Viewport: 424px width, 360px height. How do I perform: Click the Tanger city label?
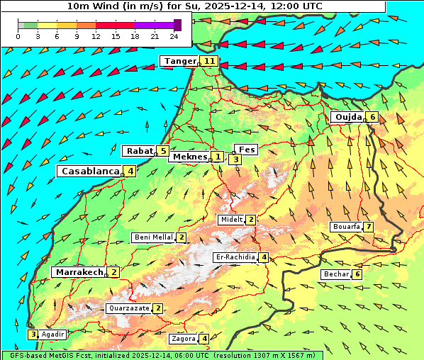pyautogui.click(x=179, y=61)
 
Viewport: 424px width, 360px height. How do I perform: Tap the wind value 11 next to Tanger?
pyautogui.click(x=209, y=61)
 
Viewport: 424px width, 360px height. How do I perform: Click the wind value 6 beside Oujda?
pyautogui.click(x=373, y=117)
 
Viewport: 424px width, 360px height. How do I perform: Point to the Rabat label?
pyautogui.click(x=139, y=151)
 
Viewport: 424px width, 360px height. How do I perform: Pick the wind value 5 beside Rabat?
pyautogui.click(x=163, y=151)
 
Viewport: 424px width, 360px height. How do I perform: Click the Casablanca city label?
pyautogui.click(x=89, y=171)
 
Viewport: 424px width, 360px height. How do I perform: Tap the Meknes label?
pyautogui.click(x=189, y=157)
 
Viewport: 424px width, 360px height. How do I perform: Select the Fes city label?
pyautogui.click(x=247, y=150)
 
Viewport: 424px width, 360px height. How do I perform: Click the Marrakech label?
pyautogui.click(x=78, y=272)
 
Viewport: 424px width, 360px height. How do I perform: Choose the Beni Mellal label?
pyautogui.click(x=152, y=237)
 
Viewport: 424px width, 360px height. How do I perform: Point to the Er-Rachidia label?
pyautogui.click(x=235, y=257)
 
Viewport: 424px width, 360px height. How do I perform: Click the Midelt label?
pyautogui.click(x=231, y=220)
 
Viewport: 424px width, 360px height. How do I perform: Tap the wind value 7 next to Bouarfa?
pyautogui.click(x=369, y=227)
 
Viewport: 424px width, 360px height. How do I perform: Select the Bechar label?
pyautogui.click(x=336, y=274)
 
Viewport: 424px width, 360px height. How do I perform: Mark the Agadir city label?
pyautogui.click(x=53, y=334)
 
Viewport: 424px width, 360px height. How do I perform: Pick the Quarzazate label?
pyautogui.click(x=128, y=308)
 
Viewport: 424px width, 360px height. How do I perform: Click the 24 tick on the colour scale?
pyautogui.click(x=174, y=36)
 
